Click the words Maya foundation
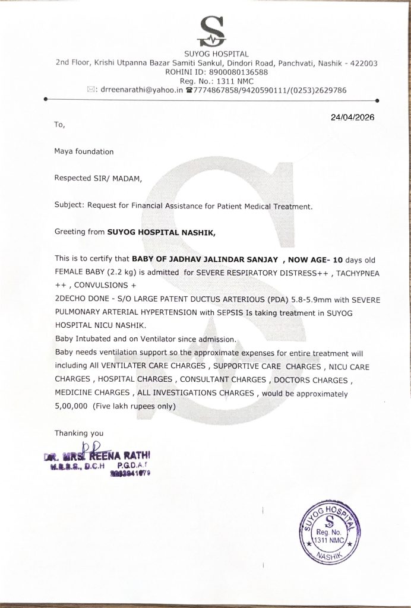(84, 151)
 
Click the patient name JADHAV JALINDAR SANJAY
(220, 259)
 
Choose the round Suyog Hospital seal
(333, 530)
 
